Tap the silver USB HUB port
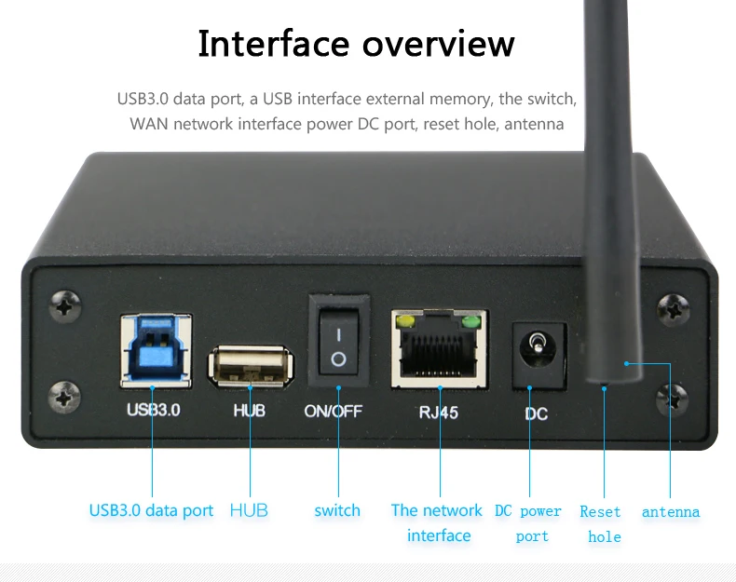[x=249, y=365]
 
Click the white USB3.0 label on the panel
[x=153, y=409]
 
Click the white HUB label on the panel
[x=248, y=410]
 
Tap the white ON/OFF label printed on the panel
[x=334, y=411]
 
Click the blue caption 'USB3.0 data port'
[x=151, y=510]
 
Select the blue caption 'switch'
[x=337, y=510]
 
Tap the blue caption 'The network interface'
[x=437, y=522]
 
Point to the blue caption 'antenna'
[x=671, y=511]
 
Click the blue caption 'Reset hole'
[x=601, y=523]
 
